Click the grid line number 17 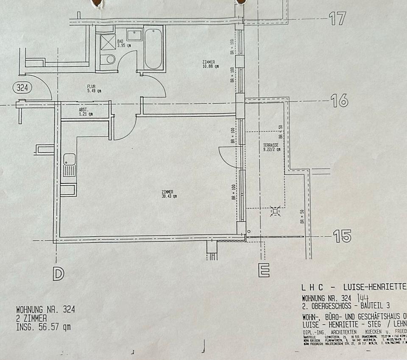click(x=337, y=19)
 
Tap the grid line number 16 click(x=339, y=100)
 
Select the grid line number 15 click(x=342, y=236)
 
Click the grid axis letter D click(x=58, y=274)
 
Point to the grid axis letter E click(x=264, y=271)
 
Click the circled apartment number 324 click(x=22, y=88)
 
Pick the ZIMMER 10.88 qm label click(x=211, y=64)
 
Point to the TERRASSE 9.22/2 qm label click(x=271, y=147)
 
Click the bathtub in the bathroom click(x=153, y=49)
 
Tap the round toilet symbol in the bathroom click(x=110, y=59)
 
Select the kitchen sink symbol click(x=70, y=165)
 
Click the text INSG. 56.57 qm click(x=43, y=327)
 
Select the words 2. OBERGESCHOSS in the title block click(x=329, y=306)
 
